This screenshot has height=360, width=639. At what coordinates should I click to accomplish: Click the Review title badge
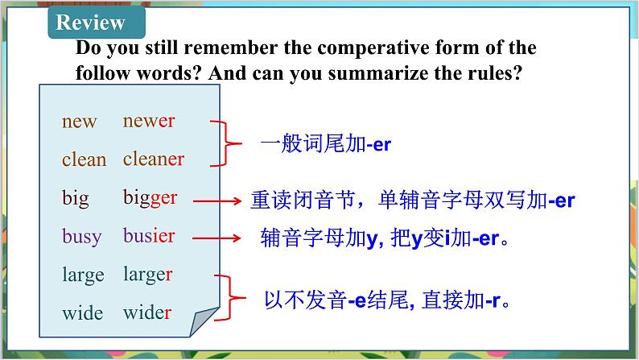coord(91,23)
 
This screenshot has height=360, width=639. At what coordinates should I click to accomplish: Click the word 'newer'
coord(149,122)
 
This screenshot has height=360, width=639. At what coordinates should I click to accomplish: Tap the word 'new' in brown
coord(79,122)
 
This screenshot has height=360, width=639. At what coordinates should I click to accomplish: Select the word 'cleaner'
coord(154,159)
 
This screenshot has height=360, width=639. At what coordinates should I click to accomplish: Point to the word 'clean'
coord(84,160)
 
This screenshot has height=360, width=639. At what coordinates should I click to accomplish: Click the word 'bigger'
coord(150,198)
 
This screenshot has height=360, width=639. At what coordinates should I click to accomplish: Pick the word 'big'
coord(76,198)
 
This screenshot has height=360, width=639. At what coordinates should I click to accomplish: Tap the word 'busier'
coord(149,236)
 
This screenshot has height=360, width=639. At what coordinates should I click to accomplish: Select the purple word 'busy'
coord(82,237)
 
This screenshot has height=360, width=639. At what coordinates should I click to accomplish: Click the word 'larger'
coord(148,275)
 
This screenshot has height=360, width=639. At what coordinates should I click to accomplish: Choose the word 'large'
coord(83,275)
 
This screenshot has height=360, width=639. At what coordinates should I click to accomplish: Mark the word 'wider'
coord(147,312)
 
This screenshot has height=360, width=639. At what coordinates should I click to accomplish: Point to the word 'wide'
coord(82,312)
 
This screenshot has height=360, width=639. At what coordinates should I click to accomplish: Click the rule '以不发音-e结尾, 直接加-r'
coord(389,300)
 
